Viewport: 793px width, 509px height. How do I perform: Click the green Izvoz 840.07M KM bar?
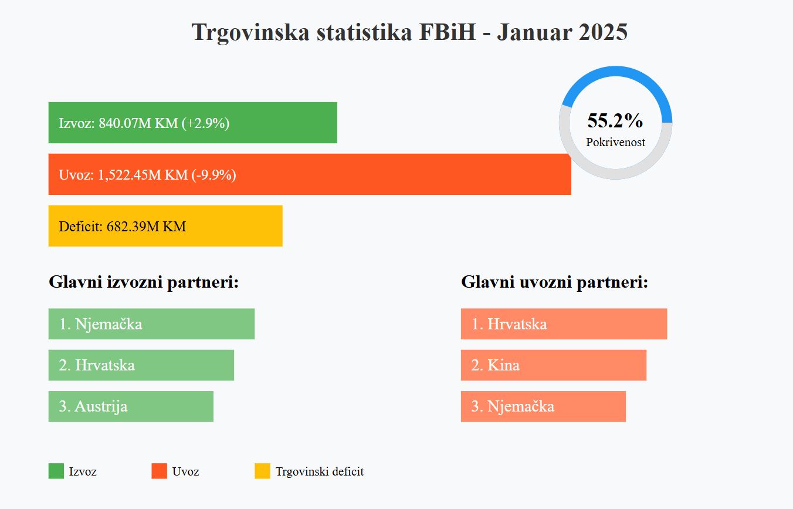192,123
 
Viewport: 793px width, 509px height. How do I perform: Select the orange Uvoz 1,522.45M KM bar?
310,174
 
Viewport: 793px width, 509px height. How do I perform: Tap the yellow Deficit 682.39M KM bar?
165,226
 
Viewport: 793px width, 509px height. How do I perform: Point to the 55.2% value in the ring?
615,120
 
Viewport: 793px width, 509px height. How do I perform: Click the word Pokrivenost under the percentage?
615,142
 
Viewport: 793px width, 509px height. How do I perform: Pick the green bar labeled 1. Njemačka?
151,324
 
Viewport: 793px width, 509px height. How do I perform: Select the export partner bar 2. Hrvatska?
141,365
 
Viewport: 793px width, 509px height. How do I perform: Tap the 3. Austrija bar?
131,406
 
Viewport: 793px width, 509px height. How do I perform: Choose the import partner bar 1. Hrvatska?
564,324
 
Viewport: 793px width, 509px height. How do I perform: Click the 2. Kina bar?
553,365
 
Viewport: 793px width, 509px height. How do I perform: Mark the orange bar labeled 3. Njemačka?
543,406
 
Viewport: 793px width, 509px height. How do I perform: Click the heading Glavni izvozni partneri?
144,282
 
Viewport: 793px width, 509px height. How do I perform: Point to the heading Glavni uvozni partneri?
554,282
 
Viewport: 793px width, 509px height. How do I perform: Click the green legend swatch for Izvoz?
56,471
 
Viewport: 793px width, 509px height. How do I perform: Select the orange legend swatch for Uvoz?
159,471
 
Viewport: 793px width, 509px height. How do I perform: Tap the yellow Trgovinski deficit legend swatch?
262,471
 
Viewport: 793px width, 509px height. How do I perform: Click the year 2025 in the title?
603,32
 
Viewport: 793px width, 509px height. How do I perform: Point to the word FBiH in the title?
447,32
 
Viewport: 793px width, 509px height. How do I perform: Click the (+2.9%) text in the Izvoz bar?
205,123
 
